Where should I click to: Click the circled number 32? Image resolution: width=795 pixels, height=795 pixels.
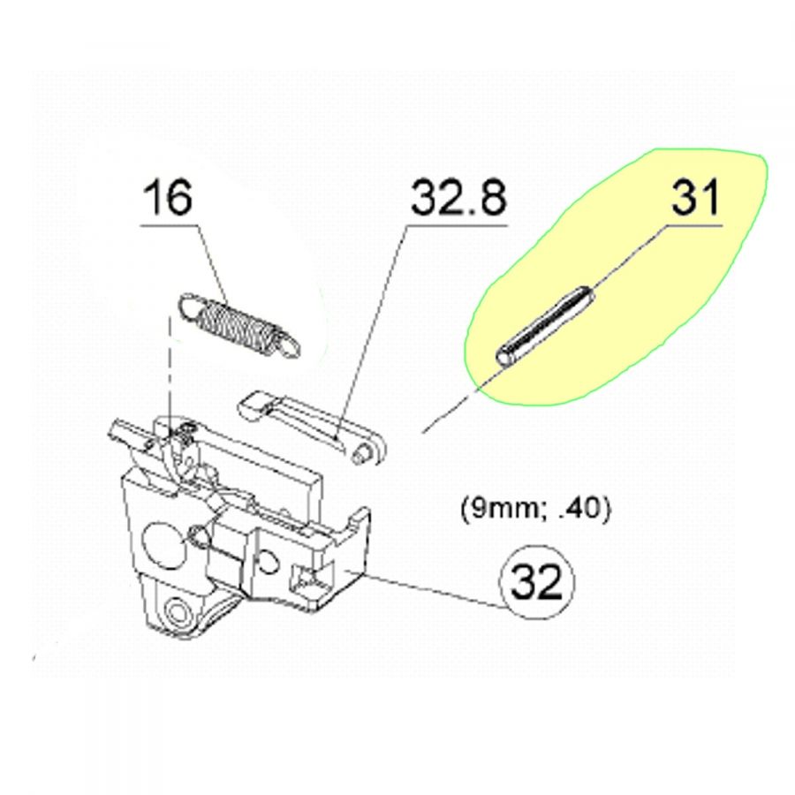coord(537,583)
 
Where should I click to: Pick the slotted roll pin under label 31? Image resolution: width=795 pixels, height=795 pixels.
coord(544,322)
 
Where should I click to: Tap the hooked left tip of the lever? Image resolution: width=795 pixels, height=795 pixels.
coord(253,405)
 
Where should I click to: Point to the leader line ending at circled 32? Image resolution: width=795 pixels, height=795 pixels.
coord(433,591)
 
